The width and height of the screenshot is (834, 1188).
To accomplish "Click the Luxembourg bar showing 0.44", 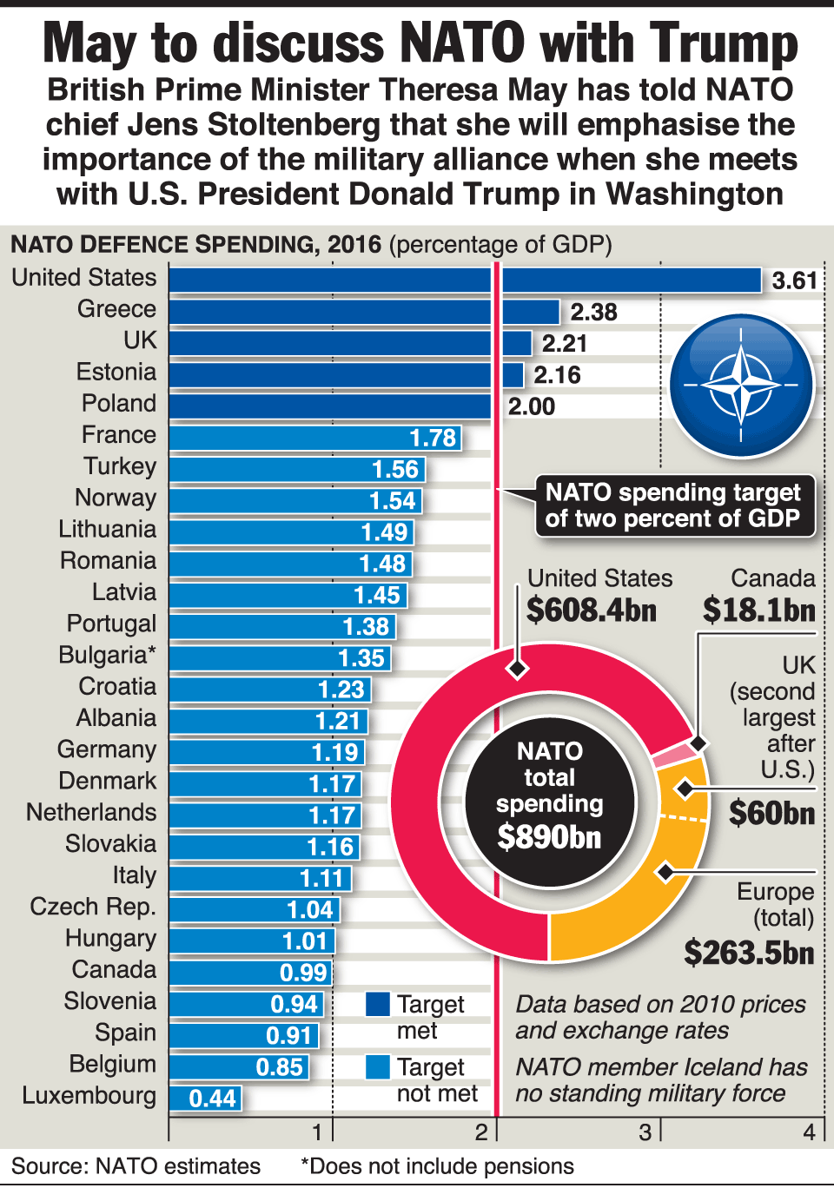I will pos(205,1099).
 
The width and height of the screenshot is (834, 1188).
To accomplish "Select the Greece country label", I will pos(116,309).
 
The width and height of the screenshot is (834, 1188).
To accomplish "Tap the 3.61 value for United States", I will pos(794,280).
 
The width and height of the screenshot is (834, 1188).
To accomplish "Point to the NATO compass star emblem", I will pos(740,384).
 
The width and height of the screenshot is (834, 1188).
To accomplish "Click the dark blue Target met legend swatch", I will pos(378,1005).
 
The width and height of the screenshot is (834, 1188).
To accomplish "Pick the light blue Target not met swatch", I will pos(378,1067).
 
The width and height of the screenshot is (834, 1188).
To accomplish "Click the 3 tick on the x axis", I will pos(645,1132).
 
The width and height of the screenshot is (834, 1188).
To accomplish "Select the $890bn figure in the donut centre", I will pos(549,837).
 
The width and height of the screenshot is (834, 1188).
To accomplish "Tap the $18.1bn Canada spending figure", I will pos(758,610).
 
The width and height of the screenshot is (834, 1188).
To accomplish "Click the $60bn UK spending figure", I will pos(771,814).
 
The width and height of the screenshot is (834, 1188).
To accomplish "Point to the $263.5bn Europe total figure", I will pos(749,953).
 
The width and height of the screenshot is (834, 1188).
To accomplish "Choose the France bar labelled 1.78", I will pos(314,438).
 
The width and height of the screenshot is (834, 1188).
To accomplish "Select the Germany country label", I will pos(107,749).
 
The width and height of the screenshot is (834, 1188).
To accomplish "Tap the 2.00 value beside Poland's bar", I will pos(531,406).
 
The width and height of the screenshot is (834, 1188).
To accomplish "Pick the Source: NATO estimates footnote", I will pos(136,1165).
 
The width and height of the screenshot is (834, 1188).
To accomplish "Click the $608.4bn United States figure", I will pos(592,610).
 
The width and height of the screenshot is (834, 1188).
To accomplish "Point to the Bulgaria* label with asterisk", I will pos(107,655).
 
